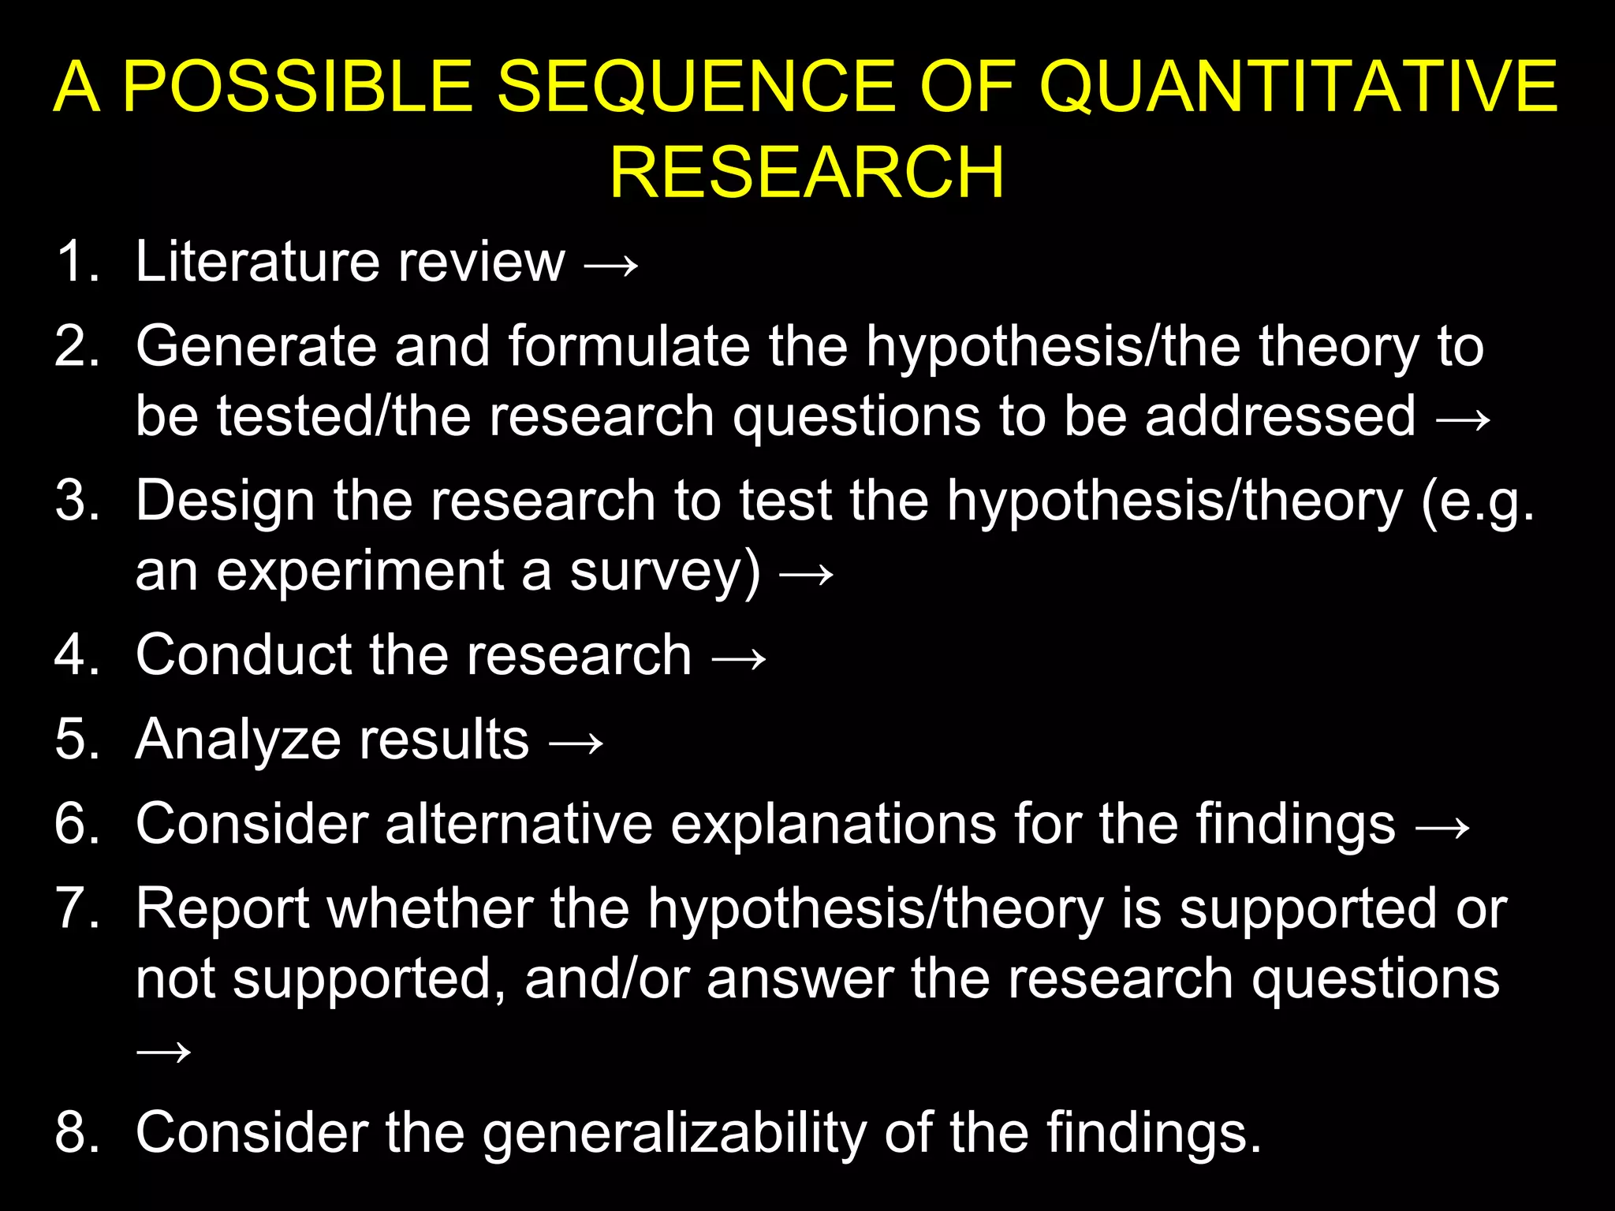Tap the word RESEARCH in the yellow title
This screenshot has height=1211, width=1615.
click(x=807, y=173)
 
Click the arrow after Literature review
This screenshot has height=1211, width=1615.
click(x=611, y=265)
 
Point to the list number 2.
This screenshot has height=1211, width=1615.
click(x=77, y=347)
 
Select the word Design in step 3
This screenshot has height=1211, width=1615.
click(x=225, y=501)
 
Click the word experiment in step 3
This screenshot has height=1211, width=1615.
click(x=360, y=571)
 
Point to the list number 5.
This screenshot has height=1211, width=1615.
click(x=77, y=740)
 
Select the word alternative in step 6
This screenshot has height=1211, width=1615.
click(x=519, y=825)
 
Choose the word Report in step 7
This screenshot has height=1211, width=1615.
click(x=222, y=910)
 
